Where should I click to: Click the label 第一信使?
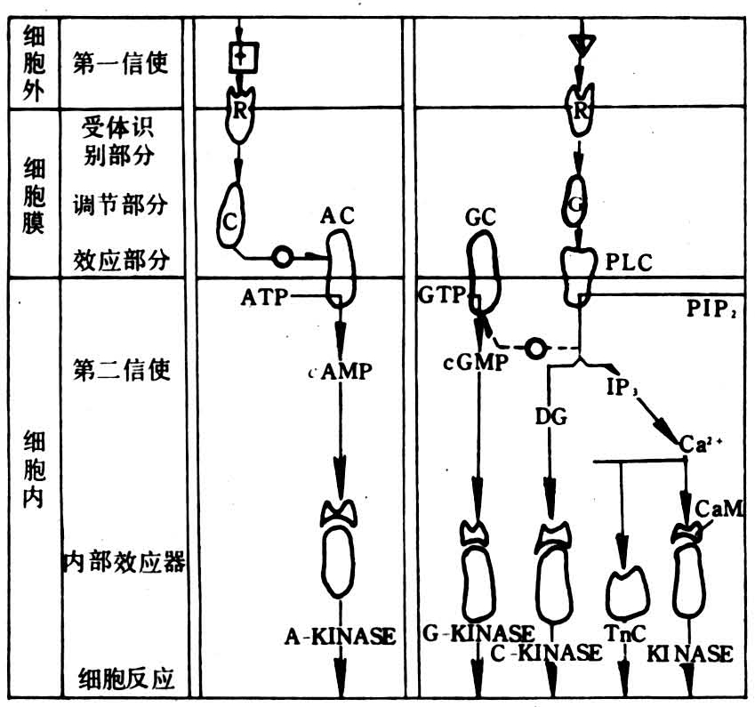coord(120,64)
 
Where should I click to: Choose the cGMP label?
coord(474,362)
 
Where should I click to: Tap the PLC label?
coord(629,262)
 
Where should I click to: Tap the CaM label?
coord(718,510)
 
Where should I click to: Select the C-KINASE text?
coord(546,654)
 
